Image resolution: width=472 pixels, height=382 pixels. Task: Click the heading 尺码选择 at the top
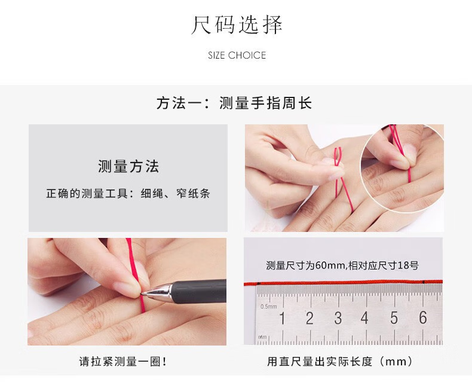coord(237,25)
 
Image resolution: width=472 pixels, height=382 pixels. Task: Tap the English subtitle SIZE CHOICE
coord(237,56)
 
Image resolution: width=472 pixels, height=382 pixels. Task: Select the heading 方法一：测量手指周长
coord(234,103)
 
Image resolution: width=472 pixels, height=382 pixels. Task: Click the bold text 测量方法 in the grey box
coord(128,166)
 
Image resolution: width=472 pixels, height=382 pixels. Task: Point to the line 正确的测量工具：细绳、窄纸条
coord(128,194)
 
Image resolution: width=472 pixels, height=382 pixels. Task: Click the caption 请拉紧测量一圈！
coord(123,361)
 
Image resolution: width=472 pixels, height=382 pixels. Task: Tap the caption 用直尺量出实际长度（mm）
coord(340,361)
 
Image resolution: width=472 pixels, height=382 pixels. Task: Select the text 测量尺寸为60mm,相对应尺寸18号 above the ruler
coord(342,265)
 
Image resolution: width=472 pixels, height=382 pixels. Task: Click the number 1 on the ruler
coord(282,318)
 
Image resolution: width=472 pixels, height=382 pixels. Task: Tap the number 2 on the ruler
coord(309,318)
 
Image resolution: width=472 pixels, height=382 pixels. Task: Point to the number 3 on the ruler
coord(338,318)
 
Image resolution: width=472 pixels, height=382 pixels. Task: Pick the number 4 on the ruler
coord(364,318)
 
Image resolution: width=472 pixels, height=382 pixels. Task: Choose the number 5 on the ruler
coord(394,318)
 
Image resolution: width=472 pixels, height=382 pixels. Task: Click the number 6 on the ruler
coord(423,317)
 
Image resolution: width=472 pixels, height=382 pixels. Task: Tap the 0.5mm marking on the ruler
coord(268,307)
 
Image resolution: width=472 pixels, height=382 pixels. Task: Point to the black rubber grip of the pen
coord(199,291)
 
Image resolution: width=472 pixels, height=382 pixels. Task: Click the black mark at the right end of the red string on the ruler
coord(424,282)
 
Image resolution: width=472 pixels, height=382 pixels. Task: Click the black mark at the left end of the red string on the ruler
coord(258,283)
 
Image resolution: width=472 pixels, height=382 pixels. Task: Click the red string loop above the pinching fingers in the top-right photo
coord(338,156)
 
